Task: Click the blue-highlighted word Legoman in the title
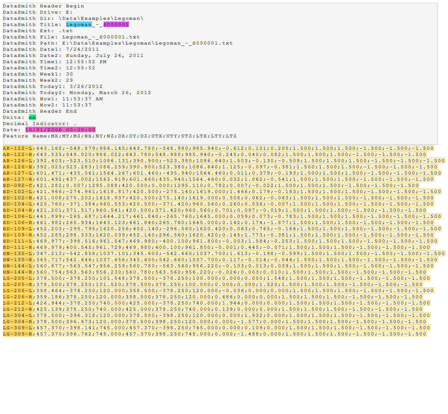point(79,24)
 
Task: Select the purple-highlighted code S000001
point(116,24)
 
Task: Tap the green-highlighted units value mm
point(33,117)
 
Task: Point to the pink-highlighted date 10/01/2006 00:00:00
point(60,130)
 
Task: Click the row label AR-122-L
point(18,148)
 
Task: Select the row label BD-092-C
point(18,185)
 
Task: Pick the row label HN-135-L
point(18,253)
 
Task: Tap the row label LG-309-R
point(18,334)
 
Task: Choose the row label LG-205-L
point(18,278)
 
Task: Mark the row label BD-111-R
point(18,247)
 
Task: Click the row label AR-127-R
point(18,179)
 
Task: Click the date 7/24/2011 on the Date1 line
point(82,50)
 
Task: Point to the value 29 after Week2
point(70,80)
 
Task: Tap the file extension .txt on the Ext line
point(66,31)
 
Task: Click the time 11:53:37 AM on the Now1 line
point(82,99)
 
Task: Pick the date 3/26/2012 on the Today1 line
point(86,87)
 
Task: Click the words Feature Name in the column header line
point(25,136)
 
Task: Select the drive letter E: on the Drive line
point(69,12)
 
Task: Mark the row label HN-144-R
point(18,272)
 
